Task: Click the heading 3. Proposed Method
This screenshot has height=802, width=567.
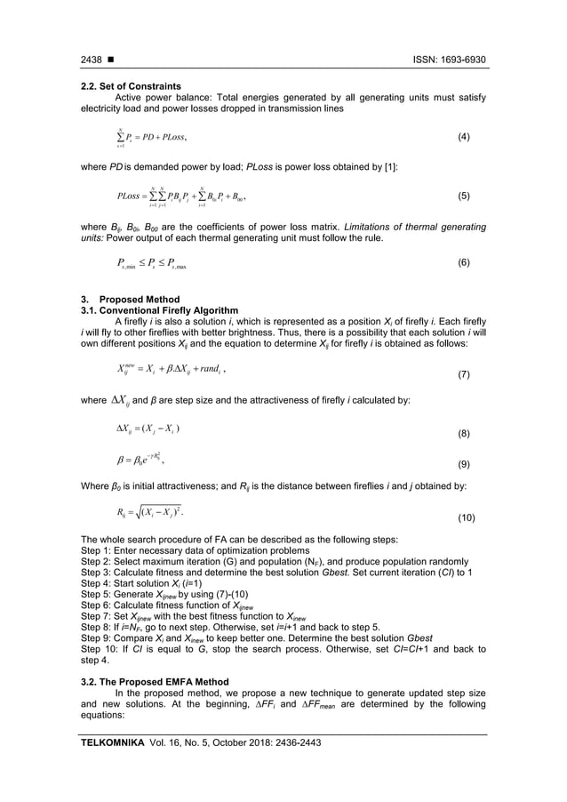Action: (x=130, y=299)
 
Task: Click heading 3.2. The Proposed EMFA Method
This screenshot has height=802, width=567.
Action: (x=156, y=680)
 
